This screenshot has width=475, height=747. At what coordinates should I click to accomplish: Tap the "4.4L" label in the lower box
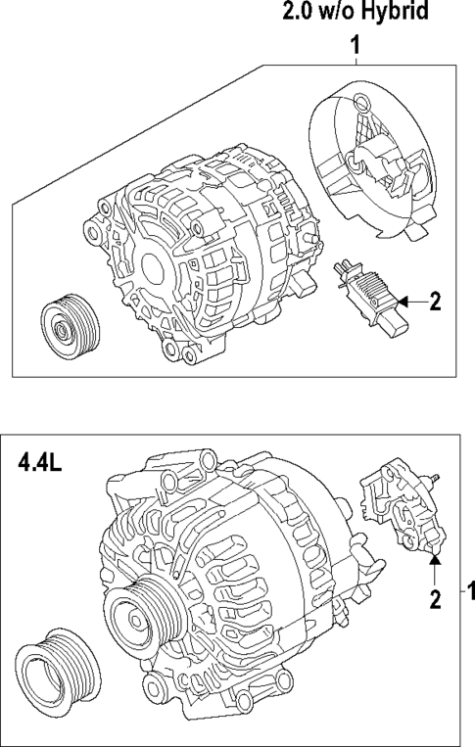[x=40, y=460]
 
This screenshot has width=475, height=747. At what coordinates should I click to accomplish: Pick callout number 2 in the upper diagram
[x=436, y=303]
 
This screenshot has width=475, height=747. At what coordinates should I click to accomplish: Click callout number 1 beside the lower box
[x=468, y=592]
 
